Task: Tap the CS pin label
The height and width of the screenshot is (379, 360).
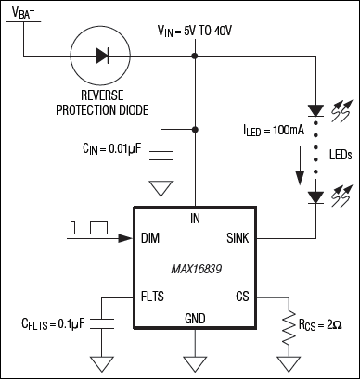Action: [x=239, y=298]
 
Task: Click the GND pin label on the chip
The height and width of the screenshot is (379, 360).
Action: [x=194, y=318]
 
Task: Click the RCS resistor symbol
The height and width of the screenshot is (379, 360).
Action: [x=290, y=325]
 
